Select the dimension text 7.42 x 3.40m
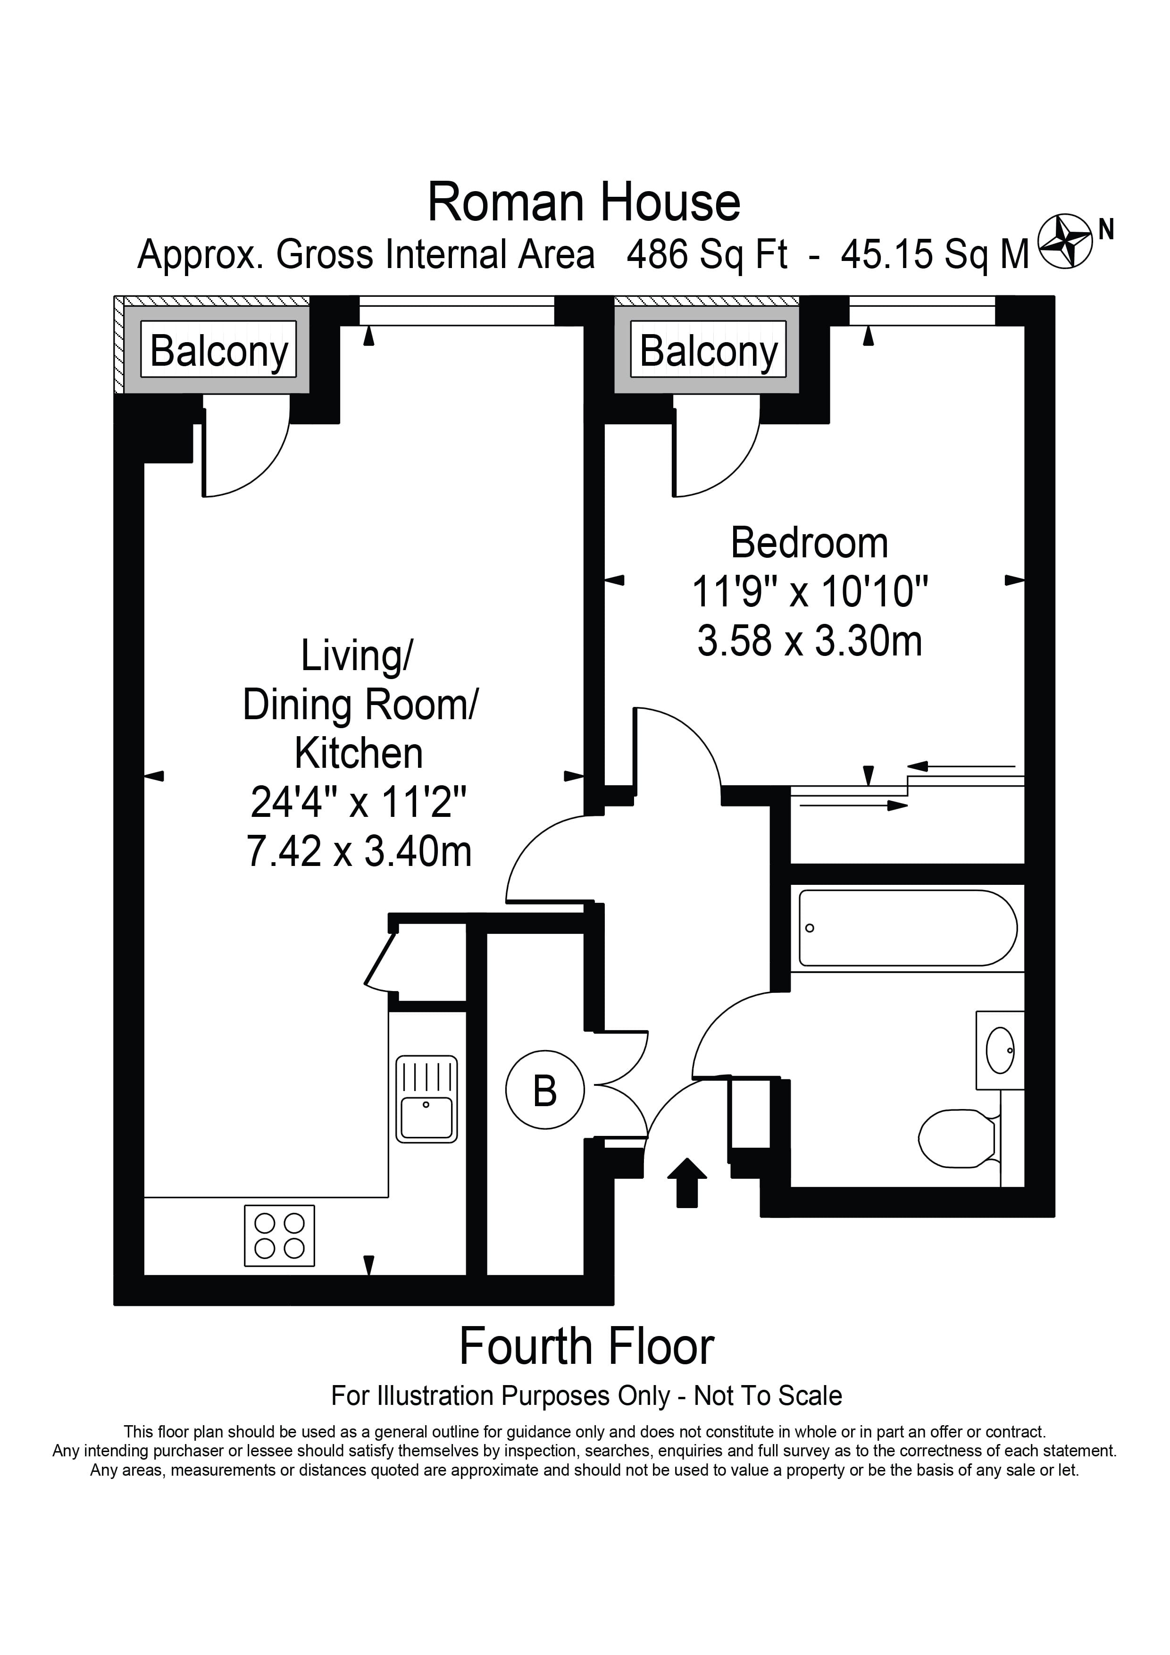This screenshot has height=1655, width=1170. point(359,851)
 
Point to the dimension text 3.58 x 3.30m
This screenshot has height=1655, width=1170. point(809,641)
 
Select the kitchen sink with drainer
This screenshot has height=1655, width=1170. point(426,1099)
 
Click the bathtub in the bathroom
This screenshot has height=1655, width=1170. point(907,928)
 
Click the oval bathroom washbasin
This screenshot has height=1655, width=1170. point(1000,1050)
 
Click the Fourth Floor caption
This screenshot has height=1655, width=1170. point(586,1346)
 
